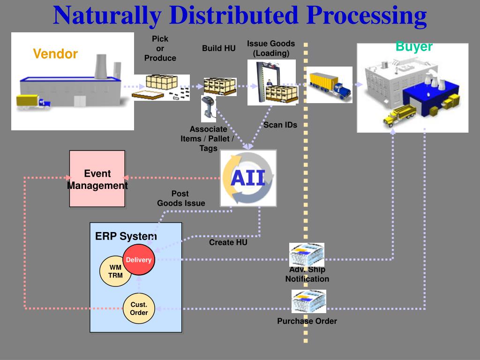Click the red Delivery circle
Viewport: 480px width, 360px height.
pyautogui.click(x=138, y=260)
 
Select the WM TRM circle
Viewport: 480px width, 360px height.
pyautogui.click(x=115, y=271)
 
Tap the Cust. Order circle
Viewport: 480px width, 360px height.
pyautogui.click(x=139, y=309)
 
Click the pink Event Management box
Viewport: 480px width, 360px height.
pyautogui.click(x=97, y=179)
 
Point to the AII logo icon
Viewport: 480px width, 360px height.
pyautogui.click(x=248, y=178)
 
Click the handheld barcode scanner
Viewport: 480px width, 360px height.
pyautogui.click(x=208, y=108)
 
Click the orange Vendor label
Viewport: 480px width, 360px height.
pyautogui.click(x=55, y=54)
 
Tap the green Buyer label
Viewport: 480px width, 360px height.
pyautogui.click(x=414, y=46)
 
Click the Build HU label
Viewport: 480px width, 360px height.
pyautogui.click(x=218, y=48)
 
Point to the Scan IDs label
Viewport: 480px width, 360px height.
pyautogui.click(x=280, y=125)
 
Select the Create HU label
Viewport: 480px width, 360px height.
pyautogui.click(x=228, y=242)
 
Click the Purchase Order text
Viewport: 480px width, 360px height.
pyautogui.click(x=307, y=321)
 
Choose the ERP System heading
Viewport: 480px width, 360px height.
pyautogui.click(x=126, y=236)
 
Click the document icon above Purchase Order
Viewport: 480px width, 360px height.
pyautogui.click(x=308, y=301)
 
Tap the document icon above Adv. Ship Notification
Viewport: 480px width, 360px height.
pyautogui.click(x=307, y=255)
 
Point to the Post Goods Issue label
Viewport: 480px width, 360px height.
pyautogui.click(x=180, y=198)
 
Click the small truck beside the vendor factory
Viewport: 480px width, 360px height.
pyautogui.click(x=33, y=102)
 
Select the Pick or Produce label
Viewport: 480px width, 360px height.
pyautogui.click(x=160, y=48)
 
